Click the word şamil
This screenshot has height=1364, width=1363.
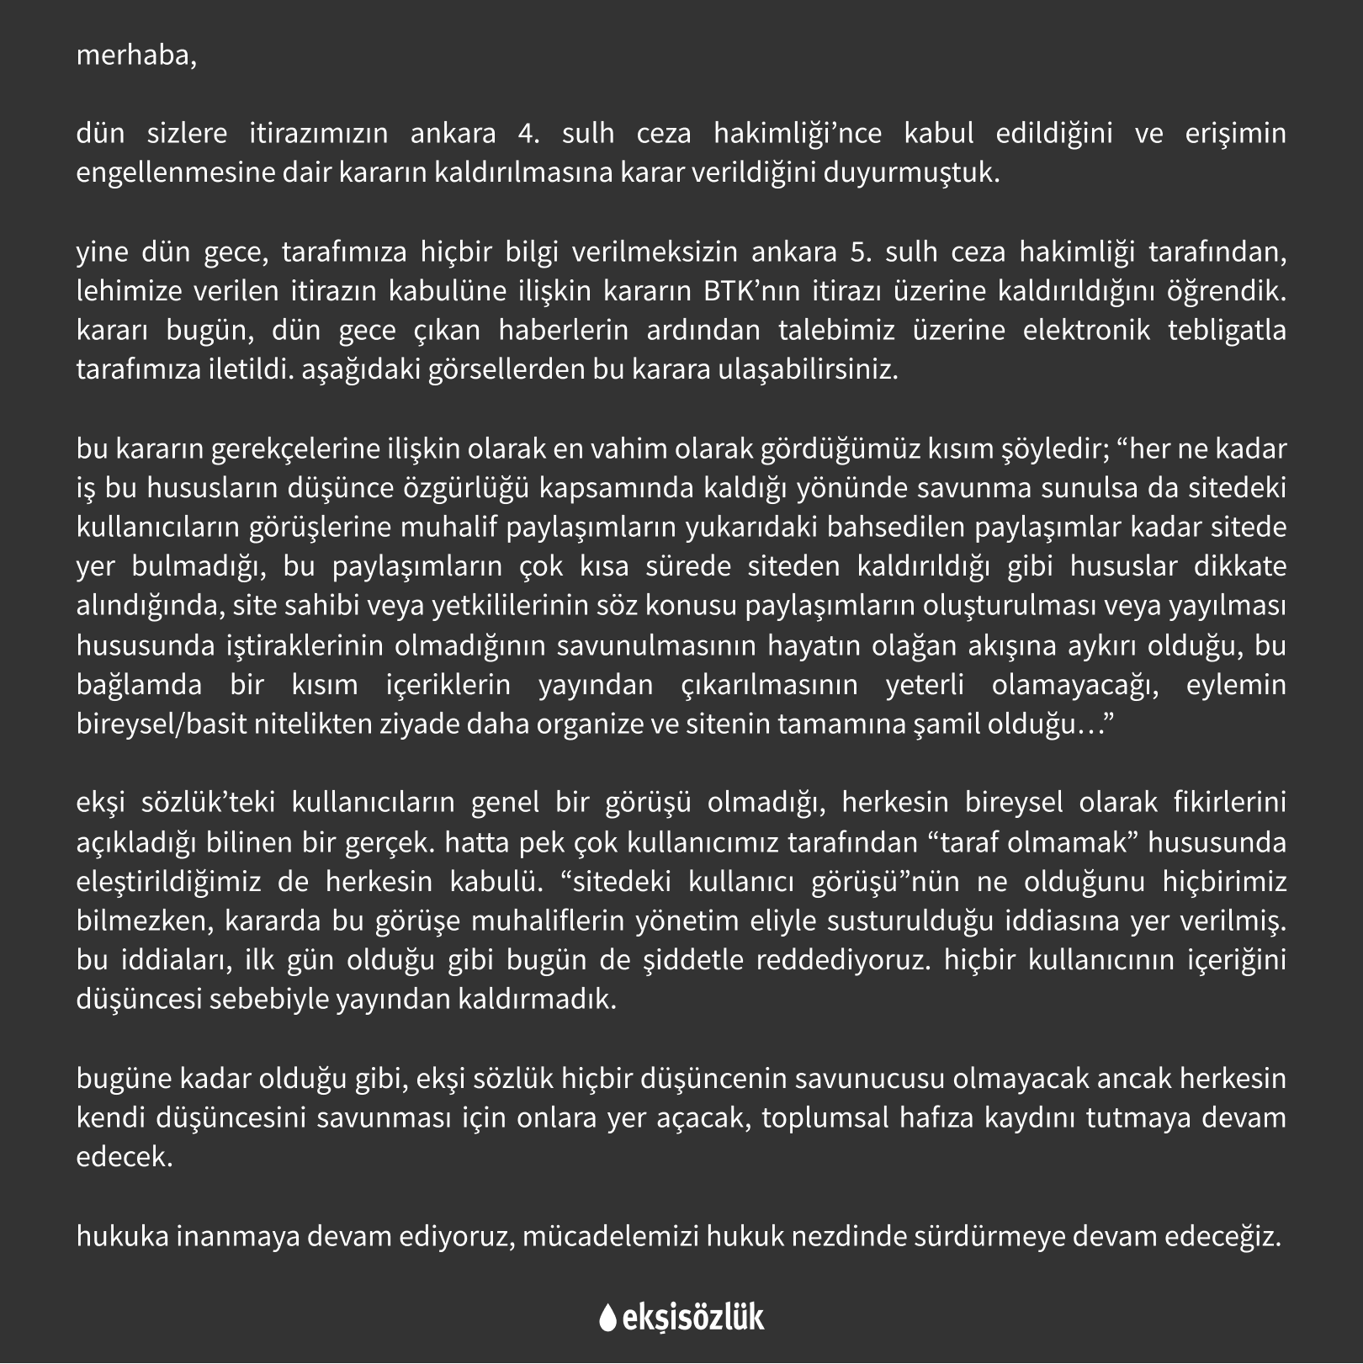pyautogui.click(x=943, y=724)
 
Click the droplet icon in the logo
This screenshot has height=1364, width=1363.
pyautogui.click(x=607, y=1318)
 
